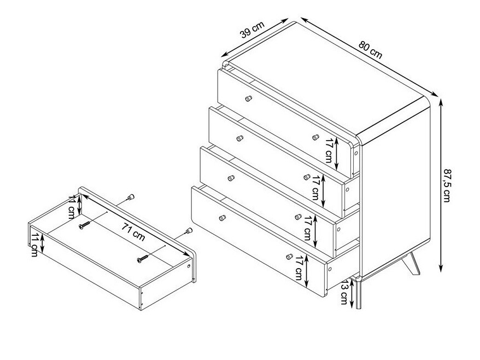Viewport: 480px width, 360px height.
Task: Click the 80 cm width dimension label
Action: (371, 50)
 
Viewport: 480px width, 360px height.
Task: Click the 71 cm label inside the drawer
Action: (133, 231)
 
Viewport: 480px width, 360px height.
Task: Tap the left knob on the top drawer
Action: (249, 98)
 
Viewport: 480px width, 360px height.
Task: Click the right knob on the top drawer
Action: (315, 137)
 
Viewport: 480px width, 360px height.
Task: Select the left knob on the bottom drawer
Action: (223, 218)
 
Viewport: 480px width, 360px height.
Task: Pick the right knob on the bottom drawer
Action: (290, 257)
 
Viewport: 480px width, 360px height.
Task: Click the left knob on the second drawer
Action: (240, 138)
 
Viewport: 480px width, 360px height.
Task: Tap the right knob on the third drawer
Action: (298, 217)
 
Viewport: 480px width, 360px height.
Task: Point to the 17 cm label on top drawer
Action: (330, 150)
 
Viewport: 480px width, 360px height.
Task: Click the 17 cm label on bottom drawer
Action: (299, 269)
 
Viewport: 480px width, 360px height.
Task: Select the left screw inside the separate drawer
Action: (84, 225)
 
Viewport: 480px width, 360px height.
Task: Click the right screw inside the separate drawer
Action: (143, 258)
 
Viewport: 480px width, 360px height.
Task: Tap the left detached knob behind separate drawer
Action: (131, 197)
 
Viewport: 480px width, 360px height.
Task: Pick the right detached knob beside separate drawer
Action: (189, 231)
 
